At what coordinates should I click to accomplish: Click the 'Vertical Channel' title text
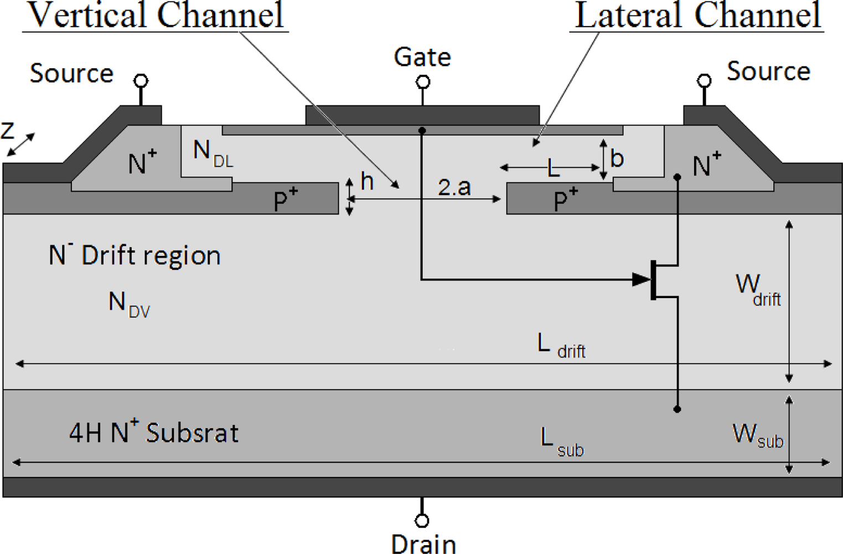pyautogui.click(x=156, y=15)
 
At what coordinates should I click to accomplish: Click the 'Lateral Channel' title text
pyautogui.click(x=697, y=15)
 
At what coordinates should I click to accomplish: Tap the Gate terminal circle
pyautogui.click(x=423, y=83)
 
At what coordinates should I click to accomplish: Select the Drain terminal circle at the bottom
pyautogui.click(x=422, y=521)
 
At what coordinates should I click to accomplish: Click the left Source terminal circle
pyautogui.click(x=141, y=81)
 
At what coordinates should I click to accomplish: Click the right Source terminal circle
pyautogui.click(x=704, y=81)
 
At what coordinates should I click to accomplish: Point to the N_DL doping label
pyautogui.click(x=213, y=153)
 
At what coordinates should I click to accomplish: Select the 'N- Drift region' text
pyautogui.click(x=135, y=255)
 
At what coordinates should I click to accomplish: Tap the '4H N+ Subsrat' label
pyautogui.click(x=153, y=433)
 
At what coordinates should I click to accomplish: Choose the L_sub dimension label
pyautogui.click(x=561, y=442)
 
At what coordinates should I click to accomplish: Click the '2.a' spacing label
pyautogui.click(x=454, y=187)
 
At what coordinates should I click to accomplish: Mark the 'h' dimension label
pyautogui.click(x=367, y=181)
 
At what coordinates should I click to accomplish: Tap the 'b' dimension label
pyautogui.click(x=617, y=158)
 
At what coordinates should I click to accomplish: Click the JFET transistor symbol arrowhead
pyautogui.click(x=642, y=279)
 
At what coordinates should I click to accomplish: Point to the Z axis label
pyautogui.click(x=8, y=131)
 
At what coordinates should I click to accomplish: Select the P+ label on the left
pyautogui.click(x=286, y=199)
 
